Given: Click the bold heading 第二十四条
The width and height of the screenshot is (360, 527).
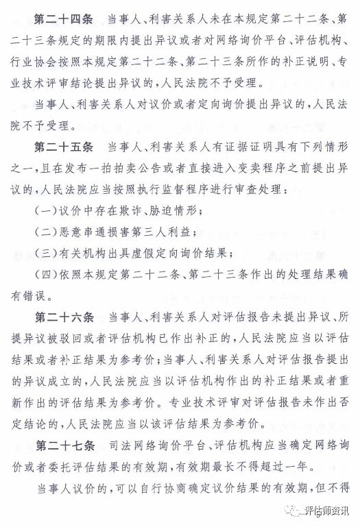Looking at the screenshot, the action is pos(59,14).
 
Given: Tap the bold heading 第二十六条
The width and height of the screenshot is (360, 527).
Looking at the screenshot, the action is pos(59,318).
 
